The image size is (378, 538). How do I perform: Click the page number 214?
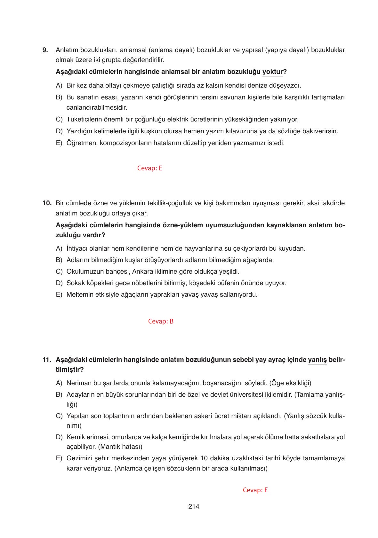[194, 506]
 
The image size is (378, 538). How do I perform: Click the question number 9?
[45, 50]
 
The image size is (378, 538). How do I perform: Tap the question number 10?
[47, 203]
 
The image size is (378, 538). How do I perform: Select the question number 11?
[47, 360]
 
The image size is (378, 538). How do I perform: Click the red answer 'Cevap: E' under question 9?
[149, 168]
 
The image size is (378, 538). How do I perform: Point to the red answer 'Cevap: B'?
[161, 321]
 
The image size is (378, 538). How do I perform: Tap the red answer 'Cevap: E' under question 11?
[255, 490]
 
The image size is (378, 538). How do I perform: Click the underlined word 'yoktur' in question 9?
[272, 72]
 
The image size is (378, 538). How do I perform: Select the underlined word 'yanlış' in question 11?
[317, 360]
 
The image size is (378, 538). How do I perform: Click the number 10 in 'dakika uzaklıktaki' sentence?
[204, 458]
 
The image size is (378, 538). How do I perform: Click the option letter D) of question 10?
[59, 283]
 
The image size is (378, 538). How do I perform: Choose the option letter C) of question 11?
[59, 416]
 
